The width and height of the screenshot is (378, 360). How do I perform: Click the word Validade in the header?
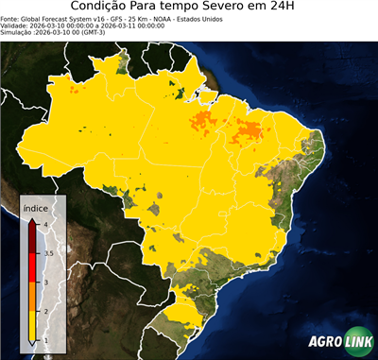point(16,25)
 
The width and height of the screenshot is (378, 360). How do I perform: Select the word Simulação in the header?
point(18,32)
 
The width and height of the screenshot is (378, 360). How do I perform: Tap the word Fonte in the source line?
point(10,18)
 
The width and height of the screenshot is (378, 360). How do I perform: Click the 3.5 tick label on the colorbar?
point(48,253)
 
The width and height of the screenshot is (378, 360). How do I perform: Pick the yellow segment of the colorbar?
point(33,326)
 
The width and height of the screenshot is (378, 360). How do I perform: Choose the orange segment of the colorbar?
point(33,297)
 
